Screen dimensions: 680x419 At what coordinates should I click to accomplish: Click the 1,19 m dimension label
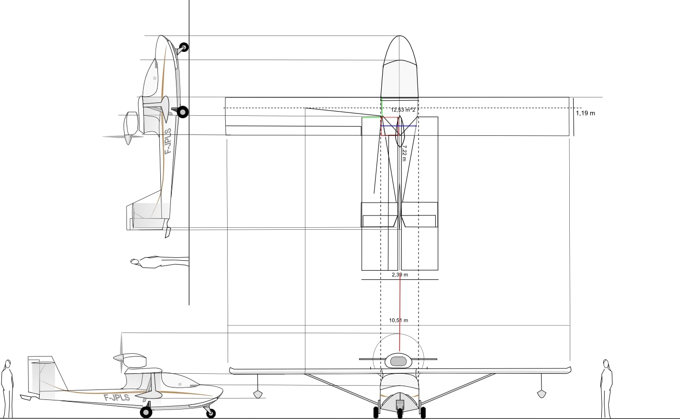pyautogui.click(x=586, y=113)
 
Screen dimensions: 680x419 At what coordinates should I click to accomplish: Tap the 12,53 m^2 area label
pyautogui.click(x=403, y=110)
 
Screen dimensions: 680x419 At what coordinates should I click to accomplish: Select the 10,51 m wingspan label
pyautogui.click(x=398, y=320)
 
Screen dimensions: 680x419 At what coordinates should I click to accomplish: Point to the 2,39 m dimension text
pyautogui.click(x=400, y=275)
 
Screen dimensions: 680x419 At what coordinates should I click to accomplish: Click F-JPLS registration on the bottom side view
pyautogui.click(x=116, y=398)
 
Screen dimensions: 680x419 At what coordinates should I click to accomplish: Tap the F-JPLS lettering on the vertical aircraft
pyautogui.click(x=168, y=141)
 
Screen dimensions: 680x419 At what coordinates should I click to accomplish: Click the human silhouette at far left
pyautogui.click(x=7, y=388)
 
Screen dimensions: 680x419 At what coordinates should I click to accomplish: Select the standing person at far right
pyautogui.click(x=606, y=388)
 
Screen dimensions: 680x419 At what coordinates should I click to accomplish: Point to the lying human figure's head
pyautogui.click(x=135, y=262)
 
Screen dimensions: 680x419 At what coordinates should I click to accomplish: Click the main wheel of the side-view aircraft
pyautogui.click(x=146, y=412)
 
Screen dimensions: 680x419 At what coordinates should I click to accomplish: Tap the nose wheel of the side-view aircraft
pyautogui.click(x=211, y=413)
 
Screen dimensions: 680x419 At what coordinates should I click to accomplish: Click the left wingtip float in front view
pyautogui.click(x=258, y=394)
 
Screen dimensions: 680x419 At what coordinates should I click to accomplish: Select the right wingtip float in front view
pyautogui.click(x=542, y=394)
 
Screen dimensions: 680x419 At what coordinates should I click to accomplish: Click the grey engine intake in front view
pyautogui.click(x=398, y=361)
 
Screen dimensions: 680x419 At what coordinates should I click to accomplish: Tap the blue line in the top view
pyautogui.click(x=398, y=126)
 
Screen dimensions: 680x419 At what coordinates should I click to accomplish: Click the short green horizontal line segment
pyautogui.click(x=372, y=117)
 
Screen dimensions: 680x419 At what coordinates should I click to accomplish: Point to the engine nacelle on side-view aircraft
pyautogui.click(x=130, y=360)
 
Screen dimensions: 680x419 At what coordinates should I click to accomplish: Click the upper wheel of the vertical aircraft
pyautogui.click(x=184, y=47)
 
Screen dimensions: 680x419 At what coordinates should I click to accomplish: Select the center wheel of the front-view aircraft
pyautogui.click(x=400, y=413)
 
